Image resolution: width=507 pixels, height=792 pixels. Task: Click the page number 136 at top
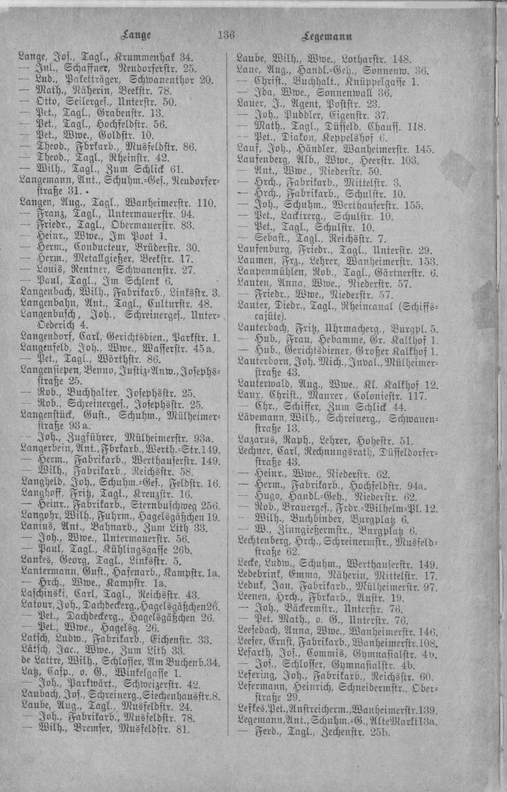tap(227, 35)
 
